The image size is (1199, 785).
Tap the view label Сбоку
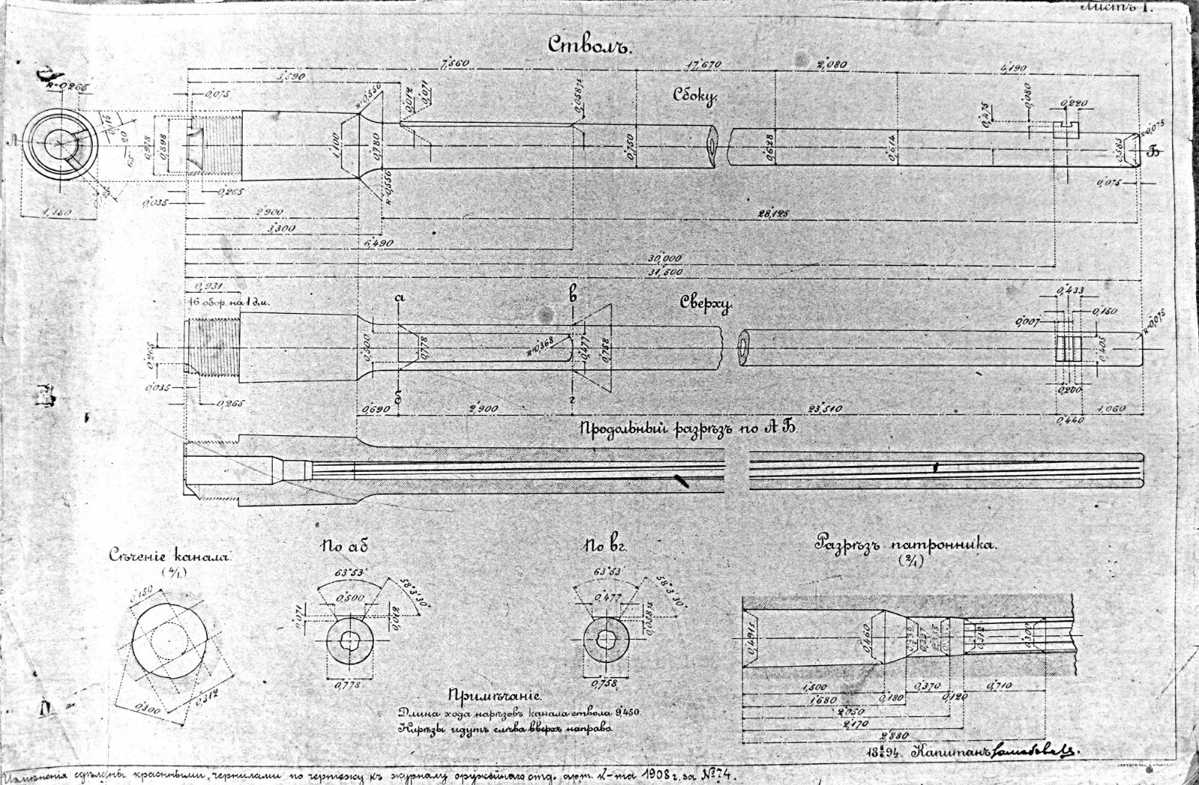click(695, 96)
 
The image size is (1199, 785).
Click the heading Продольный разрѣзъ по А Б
click(686, 428)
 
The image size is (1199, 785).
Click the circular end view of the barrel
click(60, 144)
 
